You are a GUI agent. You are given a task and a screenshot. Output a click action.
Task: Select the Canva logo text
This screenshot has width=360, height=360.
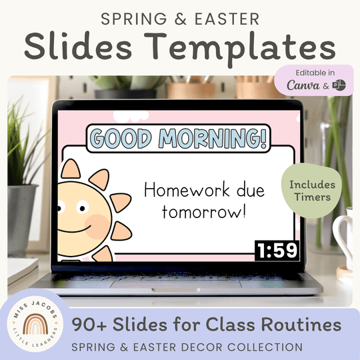click(303, 86)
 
